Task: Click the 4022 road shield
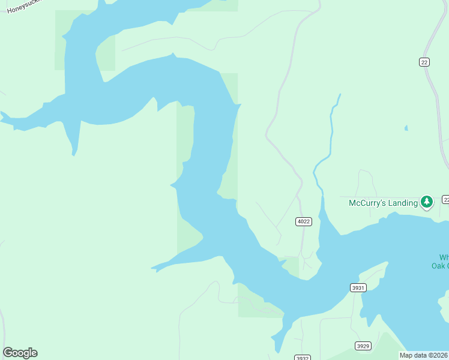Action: [x=304, y=221]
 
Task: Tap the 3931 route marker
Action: [x=358, y=288]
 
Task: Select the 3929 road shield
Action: [x=363, y=346]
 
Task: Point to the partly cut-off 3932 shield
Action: [x=303, y=358]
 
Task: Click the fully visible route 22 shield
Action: [x=424, y=62]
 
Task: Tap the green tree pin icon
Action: [x=427, y=202]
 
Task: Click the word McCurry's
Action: [x=367, y=203]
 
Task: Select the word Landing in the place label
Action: [x=402, y=203]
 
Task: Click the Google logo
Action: [x=20, y=353]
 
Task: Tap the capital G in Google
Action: [x=8, y=353]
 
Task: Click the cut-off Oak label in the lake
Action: [x=440, y=266]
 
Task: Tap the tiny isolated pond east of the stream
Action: [x=406, y=128]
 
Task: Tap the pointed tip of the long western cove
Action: [x=152, y=268]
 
